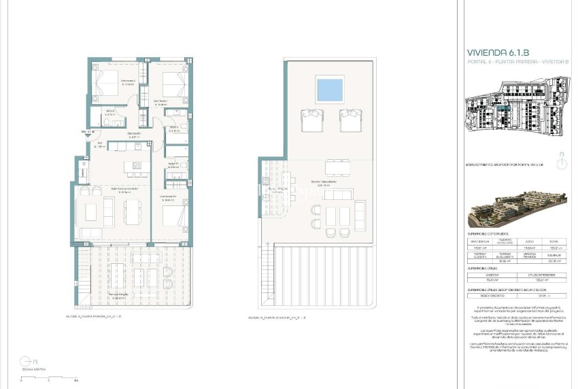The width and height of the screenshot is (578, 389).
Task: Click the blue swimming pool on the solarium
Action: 330,89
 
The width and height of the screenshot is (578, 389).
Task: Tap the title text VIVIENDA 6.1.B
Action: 498,52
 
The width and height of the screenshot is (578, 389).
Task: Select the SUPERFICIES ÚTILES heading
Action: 487,269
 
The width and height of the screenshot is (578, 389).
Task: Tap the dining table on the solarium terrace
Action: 339,167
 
